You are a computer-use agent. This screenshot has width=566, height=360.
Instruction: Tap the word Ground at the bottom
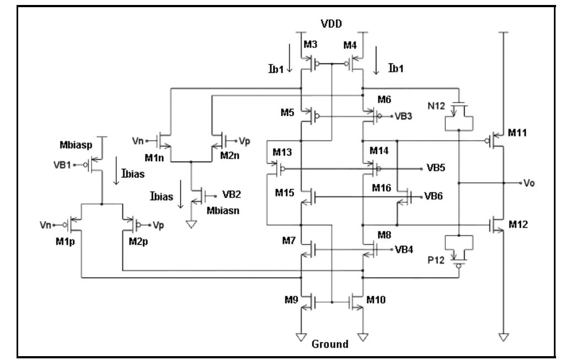click(x=331, y=345)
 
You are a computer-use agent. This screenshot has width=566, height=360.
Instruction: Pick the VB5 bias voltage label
click(x=434, y=168)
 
